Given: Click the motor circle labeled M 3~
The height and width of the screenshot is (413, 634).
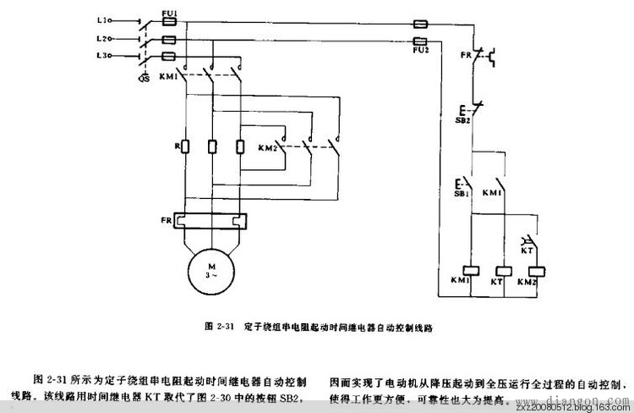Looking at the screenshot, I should tap(208, 270).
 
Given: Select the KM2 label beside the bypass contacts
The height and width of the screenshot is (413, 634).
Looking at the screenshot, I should tap(268, 149).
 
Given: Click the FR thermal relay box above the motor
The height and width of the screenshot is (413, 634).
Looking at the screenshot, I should tap(208, 222).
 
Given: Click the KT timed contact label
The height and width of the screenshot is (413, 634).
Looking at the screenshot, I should tap(525, 251).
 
